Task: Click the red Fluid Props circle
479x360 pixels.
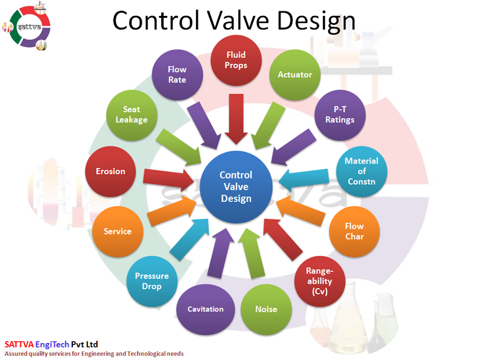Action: click(x=236, y=60)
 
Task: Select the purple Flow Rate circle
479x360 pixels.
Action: click(x=177, y=75)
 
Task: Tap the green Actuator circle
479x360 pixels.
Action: click(x=295, y=75)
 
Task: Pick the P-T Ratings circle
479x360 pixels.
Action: click(x=340, y=115)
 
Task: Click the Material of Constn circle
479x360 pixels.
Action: click(x=362, y=172)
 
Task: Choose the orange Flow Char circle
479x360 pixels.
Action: click(x=354, y=231)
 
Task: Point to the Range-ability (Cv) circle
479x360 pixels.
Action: click(x=320, y=281)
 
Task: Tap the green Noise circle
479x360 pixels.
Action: click(x=266, y=309)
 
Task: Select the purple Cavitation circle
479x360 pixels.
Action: click(x=206, y=309)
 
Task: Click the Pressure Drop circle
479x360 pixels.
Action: click(x=152, y=281)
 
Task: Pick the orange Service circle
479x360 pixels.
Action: click(x=118, y=231)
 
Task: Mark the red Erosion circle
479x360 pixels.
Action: click(x=110, y=172)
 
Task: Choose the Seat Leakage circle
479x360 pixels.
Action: click(x=132, y=115)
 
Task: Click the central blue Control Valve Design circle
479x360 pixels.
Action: click(x=236, y=187)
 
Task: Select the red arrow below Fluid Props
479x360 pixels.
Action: click(x=236, y=119)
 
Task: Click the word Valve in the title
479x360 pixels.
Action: click(x=239, y=21)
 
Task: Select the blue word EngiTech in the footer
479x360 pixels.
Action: click(x=52, y=345)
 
